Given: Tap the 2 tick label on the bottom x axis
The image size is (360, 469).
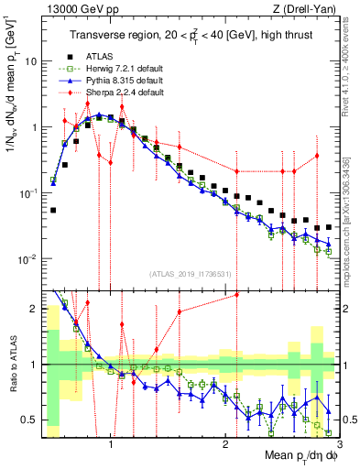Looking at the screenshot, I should [x=225, y=442].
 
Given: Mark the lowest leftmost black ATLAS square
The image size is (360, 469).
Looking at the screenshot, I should [x=53, y=210].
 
